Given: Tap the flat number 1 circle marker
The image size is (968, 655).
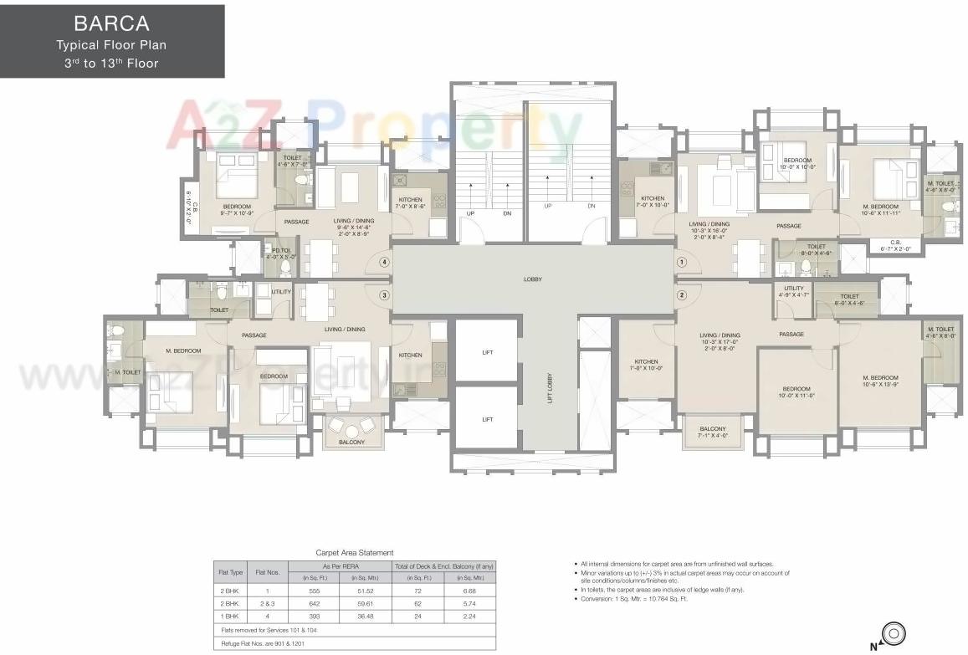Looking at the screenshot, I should pyautogui.click(x=682, y=262).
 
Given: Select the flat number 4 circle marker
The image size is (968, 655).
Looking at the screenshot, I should pyautogui.click(x=384, y=262).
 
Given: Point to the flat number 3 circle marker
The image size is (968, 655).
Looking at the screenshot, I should pyautogui.click(x=384, y=294).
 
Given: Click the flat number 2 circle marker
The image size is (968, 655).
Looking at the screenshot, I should pyautogui.click(x=682, y=294).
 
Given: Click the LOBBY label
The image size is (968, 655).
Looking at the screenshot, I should pyautogui.click(x=532, y=279).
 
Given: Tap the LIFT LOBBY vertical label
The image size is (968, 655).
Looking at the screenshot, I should pyautogui.click(x=550, y=386).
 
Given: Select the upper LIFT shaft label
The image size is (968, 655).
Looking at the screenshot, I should pyautogui.click(x=487, y=352).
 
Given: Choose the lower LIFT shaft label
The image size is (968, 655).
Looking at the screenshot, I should pyautogui.click(x=487, y=420).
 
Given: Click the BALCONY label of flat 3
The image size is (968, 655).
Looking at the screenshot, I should pyautogui.click(x=351, y=442).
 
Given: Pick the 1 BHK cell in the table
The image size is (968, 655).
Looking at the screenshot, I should pyautogui.click(x=230, y=616).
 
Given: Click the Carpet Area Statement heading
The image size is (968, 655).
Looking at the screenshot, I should pyautogui.click(x=354, y=553).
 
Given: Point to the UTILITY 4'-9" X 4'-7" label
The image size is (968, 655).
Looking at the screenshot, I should pyautogui.click(x=793, y=291).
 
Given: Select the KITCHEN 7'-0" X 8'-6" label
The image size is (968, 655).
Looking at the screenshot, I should pyautogui.click(x=410, y=202).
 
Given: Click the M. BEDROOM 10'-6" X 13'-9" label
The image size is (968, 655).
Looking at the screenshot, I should pyautogui.click(x=880, y=381).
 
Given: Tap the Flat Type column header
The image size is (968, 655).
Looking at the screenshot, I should pyautogui.click(x=230, y=572).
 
